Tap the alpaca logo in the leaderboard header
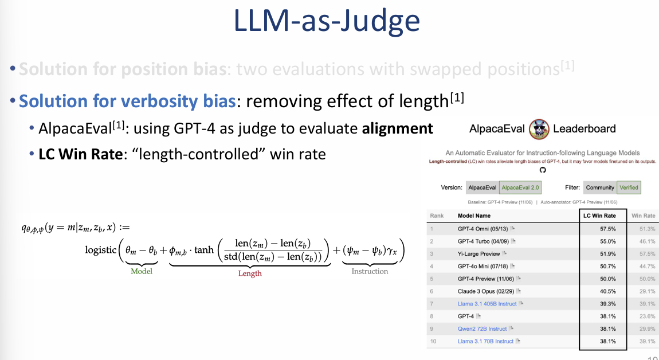pos(539,128)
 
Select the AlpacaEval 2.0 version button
pos(520,187)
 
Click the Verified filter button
pos(628,187)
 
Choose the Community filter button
pos(600,187)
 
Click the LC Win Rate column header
pos(599,216)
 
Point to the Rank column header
pos(437,216)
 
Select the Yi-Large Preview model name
pos(478,253)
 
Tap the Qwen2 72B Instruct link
pos(482,328)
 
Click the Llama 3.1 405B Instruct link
pos(487,304)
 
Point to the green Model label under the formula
pos(142,271)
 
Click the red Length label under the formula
pos(250,273)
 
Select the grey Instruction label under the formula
pos(370,271)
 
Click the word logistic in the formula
pos(100,250)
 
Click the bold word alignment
pos(397,129)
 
